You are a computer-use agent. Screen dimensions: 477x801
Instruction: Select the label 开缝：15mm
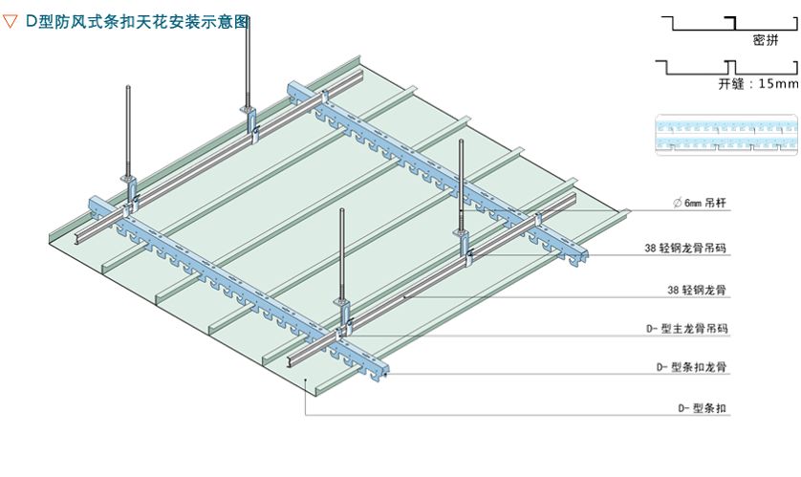(x=757, y=83)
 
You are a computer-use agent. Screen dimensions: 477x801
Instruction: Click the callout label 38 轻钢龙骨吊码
(x=684, y=248)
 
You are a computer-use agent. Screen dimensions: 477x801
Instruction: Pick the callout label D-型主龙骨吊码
(x=687, y=329)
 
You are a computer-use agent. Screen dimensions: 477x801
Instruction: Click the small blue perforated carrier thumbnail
(x=725, y=134)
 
